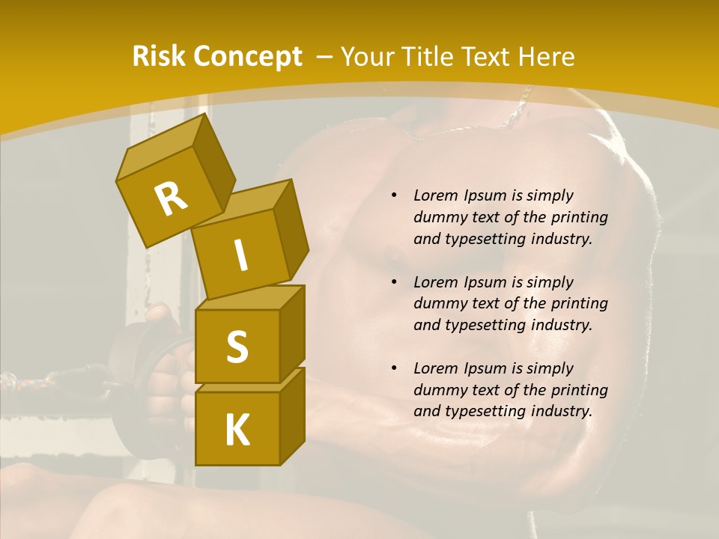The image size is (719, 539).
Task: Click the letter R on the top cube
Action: tap(171, 198)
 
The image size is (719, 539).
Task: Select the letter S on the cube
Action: tap(237, 347)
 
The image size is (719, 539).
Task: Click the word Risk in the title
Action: tap(158, 56)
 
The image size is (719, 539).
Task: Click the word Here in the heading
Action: tap(544, 56)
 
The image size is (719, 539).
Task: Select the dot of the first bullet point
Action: tap(394, 195)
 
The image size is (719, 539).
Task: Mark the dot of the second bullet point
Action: tap(394, 282)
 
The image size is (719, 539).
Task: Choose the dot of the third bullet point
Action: tap(394, 368)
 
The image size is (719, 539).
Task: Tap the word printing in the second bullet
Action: tap(579, 303)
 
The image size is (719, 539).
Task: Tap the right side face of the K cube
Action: tap(292, 415)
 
